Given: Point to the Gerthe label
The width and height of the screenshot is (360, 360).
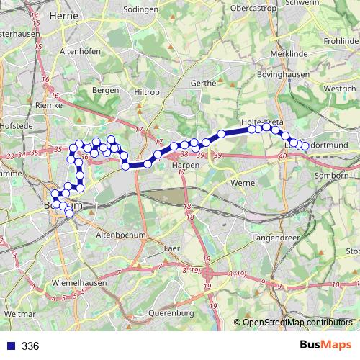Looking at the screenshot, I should (x=204, y=83).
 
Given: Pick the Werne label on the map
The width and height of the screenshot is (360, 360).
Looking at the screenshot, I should (x=242, y=183).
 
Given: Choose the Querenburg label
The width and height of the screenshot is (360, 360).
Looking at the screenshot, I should (x=171, y=312).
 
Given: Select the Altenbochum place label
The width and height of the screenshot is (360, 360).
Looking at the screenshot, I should (x=121, y=235).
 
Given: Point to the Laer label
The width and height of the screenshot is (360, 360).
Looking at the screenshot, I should (x=171, y=248).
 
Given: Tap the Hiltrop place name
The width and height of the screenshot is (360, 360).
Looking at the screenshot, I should (x=146, y=93).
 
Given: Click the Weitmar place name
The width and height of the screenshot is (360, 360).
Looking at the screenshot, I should (x=20, y=315).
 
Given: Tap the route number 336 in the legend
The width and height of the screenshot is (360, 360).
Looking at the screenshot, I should (x=30, y=346).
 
